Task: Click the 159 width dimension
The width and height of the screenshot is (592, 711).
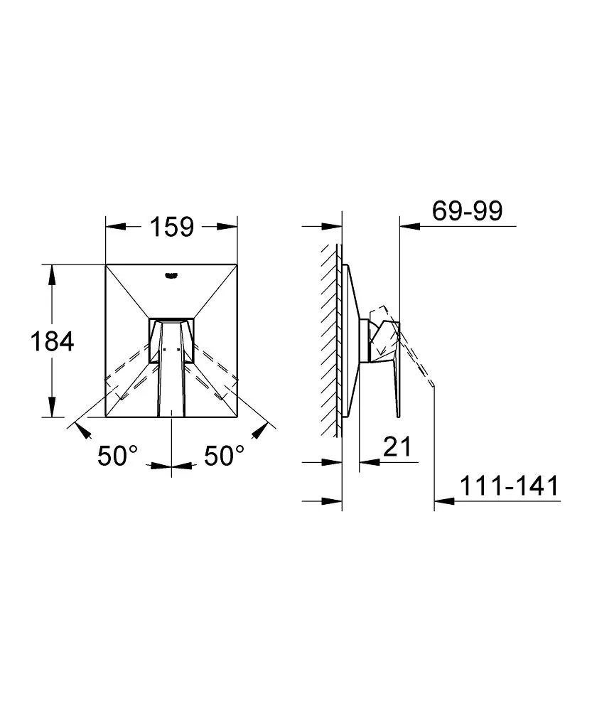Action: tap(172, 227)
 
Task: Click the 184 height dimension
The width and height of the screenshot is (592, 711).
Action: tap(52, 341)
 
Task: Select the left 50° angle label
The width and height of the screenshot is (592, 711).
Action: tap(117, 456)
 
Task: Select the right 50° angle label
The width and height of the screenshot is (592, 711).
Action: tap(224, 456)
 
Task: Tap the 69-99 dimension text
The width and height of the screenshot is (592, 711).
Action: tap(468, 211)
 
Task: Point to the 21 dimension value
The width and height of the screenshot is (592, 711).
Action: tap(397, 447)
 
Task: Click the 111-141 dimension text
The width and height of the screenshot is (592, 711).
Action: tap(510, 486)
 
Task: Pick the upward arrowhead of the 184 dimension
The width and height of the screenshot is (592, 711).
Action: tap(52, 274)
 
